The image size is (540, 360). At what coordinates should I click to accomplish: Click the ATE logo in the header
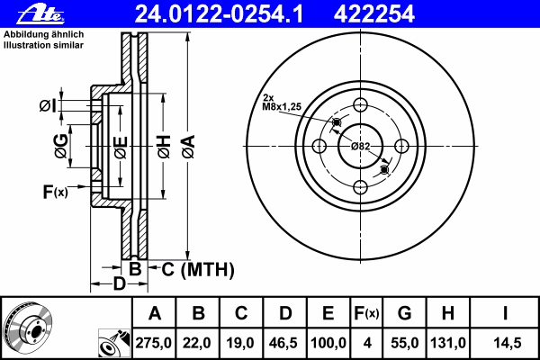tap(41, 13)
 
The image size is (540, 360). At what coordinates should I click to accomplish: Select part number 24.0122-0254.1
tap(219, 14)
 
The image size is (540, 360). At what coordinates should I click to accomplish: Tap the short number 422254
tap(374, 14)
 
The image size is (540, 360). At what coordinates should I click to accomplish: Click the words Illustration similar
tap(43, 45)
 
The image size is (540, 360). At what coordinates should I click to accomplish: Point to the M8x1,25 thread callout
tap(282, 107)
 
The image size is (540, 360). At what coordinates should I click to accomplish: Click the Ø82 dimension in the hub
tap(361, 147)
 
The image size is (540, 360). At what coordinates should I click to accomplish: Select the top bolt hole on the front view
tap(361, 104)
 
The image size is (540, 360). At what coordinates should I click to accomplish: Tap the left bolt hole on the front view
tap(319, 146)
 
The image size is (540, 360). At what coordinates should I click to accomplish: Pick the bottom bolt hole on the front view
tap(361, 188)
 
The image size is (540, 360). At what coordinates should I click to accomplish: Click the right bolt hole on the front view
tap(401, 146)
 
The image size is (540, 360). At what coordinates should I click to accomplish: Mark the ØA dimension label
tap(189, 147)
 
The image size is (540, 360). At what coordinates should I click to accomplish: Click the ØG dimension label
tap(61, 147)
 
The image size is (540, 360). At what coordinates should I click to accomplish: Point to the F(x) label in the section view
tap(56, 192)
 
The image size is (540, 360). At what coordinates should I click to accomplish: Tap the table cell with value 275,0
tap(154, 343)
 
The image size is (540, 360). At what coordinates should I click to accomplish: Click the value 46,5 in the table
tap(283, 343)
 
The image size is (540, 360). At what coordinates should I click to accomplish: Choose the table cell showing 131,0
tap(447, 343)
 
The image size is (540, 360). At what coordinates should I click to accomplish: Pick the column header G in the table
tap(404, 313)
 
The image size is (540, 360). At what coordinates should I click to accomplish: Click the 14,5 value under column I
tap(504, 343)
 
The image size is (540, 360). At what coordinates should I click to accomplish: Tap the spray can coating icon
tap(114, 343)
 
